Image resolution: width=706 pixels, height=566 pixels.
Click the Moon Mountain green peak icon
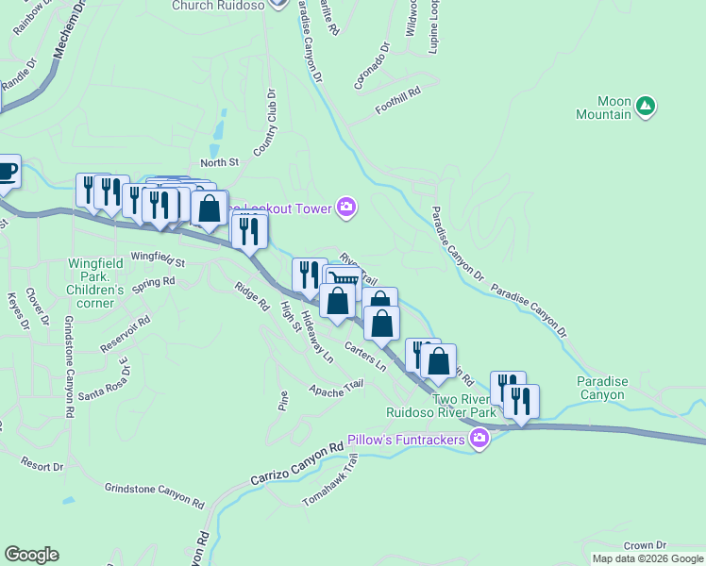coord(646,106)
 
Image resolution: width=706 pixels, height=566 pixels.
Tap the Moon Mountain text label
coord(603,108)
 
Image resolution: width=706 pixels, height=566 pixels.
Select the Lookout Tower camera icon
coord(346,208)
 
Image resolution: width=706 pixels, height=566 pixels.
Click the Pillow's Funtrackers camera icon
coord(480,438)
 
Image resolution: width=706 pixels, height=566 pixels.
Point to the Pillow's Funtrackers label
coord(408,440)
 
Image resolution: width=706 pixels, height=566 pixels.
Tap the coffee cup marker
coord(6,171)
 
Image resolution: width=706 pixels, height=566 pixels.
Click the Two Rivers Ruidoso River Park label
coord(441,406)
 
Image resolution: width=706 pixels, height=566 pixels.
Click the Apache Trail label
coord(335,388)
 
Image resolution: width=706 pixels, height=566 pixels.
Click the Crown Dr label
coord(645,545)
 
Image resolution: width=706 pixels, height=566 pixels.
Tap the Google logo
coord(31,555)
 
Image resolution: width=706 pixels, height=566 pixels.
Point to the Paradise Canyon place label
coord(602,388)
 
